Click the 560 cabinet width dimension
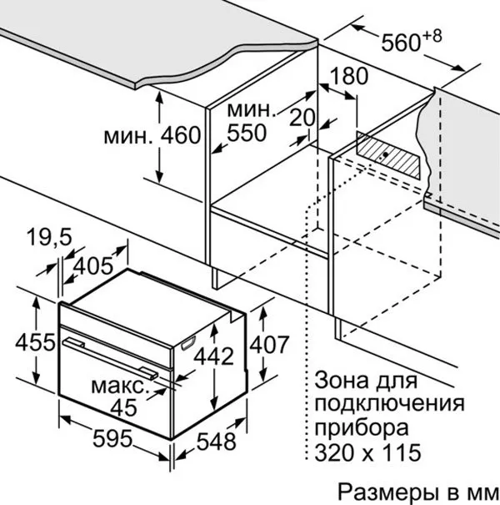(x=401, y=43)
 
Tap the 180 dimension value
(x=348, y=76)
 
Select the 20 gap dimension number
(x=302, y=117)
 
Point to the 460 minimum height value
(x=181, y=135)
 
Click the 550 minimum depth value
(x=247, y=133)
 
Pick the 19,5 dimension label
(x=49, y=237)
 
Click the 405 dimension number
(x=93, y=266)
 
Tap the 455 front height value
(x=35, y=342)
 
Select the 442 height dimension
(x=214, y=357)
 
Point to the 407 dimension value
(x=269, y=345)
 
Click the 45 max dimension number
(x=124, y=407)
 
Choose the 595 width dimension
(x=112, y=438)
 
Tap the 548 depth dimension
(x=217, y=442)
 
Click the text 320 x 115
(x=367, y=452)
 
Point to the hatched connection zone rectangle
(x=388, y=155)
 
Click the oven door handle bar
(x=110, y=357)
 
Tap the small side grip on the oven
(x=188, y=343)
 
